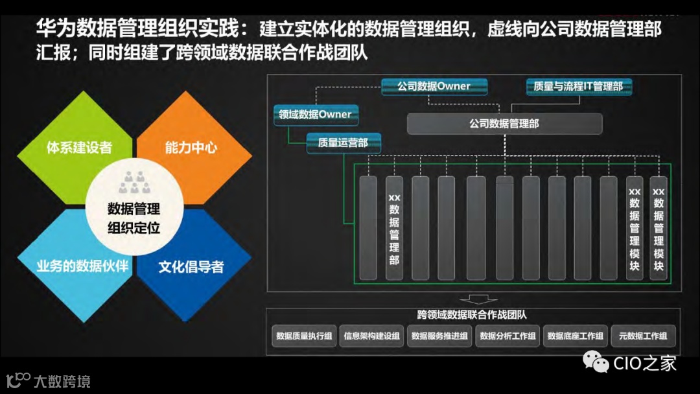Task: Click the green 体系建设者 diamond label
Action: click(79, 148)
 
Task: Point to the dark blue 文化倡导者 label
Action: click(191, 266)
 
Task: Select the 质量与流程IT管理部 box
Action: click(578, 86)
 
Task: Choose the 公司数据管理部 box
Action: click(504, 124)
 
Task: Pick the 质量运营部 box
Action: click(343, 143)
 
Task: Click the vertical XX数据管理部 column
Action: click(394, 228)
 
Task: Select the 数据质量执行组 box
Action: click(304, 336)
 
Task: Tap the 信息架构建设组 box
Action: click(372, 336)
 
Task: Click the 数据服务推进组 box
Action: click(439, 336)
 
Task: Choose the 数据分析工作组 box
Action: click(507, 336)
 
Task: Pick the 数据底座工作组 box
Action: click(576, 336)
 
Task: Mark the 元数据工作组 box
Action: click(643, 336)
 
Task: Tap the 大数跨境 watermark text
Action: click(62, 381)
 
